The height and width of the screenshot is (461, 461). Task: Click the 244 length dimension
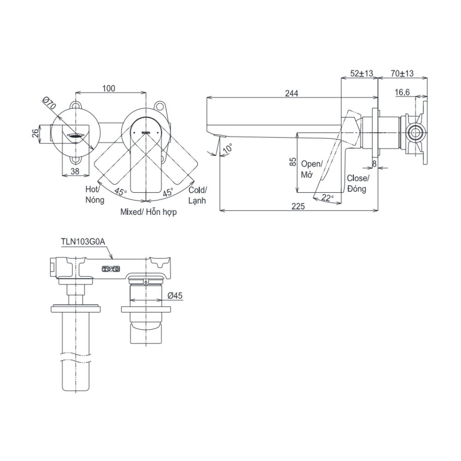pyautogui.click(x=291, y=93)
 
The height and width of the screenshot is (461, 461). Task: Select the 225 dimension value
pyautogui.click(x=298, y=207)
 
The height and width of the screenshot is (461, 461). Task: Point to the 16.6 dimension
pyautogui.click(x=402, y=93)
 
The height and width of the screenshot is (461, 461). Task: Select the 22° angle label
pyautogui.click(x=327, y=198)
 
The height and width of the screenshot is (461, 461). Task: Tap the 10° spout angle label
pyautogui.click(x=227, y=149)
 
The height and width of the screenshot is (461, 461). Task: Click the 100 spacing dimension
pyautogui.click(x=109, y=89)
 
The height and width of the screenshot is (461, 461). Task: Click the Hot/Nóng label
pyautogui.click(x=95, y=195)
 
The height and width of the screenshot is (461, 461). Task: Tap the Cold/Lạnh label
pyautogui.click(x=198, y=195)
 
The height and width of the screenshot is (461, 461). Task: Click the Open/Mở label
pyautogui.click(x=312, y=169)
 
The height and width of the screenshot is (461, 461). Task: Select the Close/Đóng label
pyautogui.click(x=358, y=183)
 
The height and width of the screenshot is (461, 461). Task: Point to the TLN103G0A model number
pyautogui.click(x=83, y=240)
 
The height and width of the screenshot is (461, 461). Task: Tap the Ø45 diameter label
pyautogui.click(x=176, y=296)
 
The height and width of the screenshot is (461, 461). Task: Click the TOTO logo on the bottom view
pyautogui.click(x=111, y=268)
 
